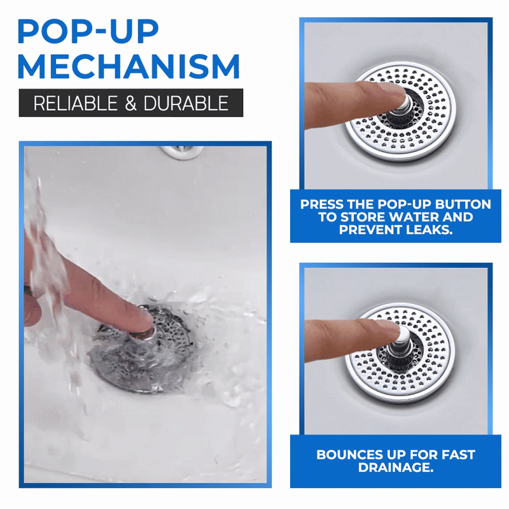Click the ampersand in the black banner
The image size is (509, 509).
[x=130, y=103]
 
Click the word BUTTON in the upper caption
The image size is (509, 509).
[x=465, y=205]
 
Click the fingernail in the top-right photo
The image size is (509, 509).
[x=395, y=94]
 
